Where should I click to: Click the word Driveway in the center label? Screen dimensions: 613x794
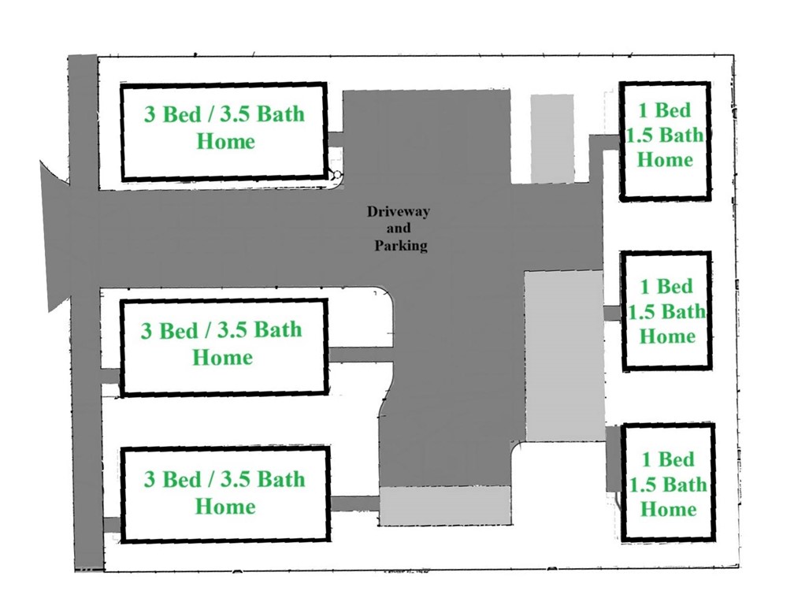click(398, 211)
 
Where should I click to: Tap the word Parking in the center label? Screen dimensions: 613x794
click(400, 246)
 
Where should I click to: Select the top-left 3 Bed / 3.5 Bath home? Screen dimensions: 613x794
click(224, 132)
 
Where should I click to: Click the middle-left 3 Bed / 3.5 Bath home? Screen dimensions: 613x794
click(224, 345)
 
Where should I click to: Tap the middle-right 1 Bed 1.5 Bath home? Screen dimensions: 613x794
click(666, 310)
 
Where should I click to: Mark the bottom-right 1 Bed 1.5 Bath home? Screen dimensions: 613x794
click(667, 482)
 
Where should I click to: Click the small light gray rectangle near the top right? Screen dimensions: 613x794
click(551, 138)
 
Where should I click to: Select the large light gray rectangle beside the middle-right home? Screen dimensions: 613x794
click(565, 355)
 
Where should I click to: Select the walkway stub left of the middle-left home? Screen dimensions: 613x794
click(109, 376)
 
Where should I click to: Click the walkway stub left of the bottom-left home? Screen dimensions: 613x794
click(111, 524)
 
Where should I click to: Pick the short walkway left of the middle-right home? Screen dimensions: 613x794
click(612, 313)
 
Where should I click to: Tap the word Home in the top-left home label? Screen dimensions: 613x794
click(225, 142)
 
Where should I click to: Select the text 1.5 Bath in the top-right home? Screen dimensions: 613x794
click(664, 135)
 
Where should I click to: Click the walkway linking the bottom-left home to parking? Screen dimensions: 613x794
click(354, 503)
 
